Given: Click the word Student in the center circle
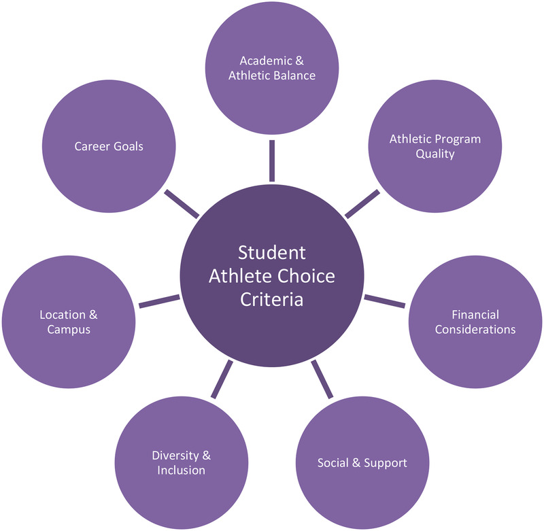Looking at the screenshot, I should (x=272, y=253).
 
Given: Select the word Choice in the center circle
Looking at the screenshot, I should (x=309, y=276).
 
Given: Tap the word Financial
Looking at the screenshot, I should (x=475, y=315).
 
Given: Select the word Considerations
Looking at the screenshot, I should (x=475, y=330).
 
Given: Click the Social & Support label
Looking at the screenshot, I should (x=362, y=463).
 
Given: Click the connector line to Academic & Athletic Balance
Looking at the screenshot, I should (x=272, y=160).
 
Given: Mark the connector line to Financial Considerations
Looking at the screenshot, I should (x=384, y=301).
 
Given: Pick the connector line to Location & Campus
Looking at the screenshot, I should (x=159, y=301).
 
